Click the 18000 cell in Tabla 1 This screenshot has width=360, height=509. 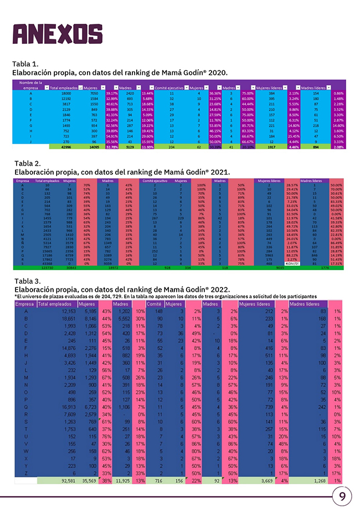tap(65, 94)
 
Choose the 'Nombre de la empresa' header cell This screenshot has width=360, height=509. tap(30, 85)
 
